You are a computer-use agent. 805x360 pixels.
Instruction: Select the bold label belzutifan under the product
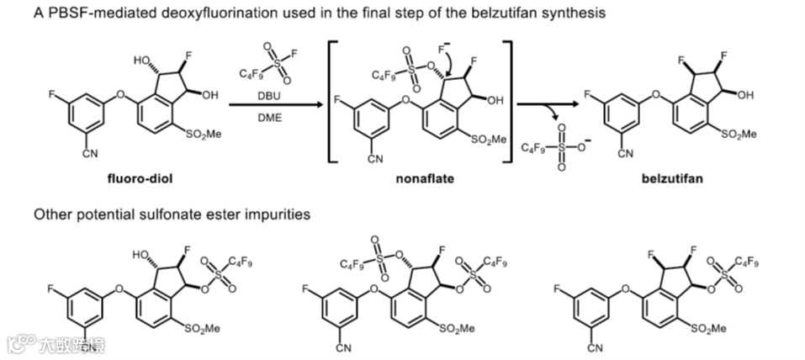671,178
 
